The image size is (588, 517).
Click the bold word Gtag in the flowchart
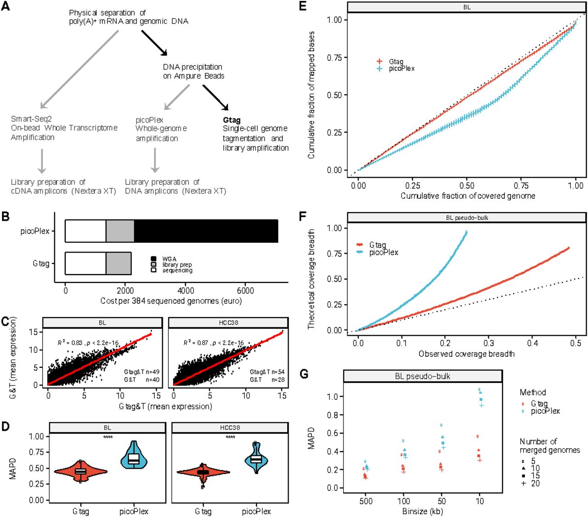click(232, 120)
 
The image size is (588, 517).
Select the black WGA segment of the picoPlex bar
click(206, 231)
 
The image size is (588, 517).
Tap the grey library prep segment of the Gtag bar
click(119, 264)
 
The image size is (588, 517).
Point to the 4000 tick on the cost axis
click(186, 291)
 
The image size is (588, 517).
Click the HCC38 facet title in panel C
click(228, 323)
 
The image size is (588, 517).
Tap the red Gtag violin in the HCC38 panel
click(203, 472)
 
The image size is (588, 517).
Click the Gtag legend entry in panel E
click(396, 62)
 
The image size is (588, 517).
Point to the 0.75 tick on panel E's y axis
click(334, 57)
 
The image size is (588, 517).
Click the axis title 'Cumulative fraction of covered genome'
click(467, 196)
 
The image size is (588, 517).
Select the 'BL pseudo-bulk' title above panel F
click(467, 218)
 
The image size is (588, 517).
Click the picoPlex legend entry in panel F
click(383, 253)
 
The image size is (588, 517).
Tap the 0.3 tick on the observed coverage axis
click(489, 343)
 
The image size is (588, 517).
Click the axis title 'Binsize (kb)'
click(423, 511)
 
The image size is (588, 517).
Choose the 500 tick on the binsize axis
click(366, 501)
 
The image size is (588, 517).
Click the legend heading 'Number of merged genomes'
click(549, 446)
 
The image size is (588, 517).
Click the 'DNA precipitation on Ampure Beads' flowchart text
click(193, 71)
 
